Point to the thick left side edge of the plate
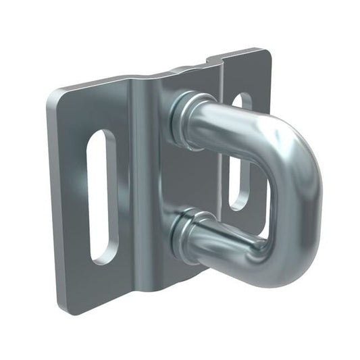tap(55, 203)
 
